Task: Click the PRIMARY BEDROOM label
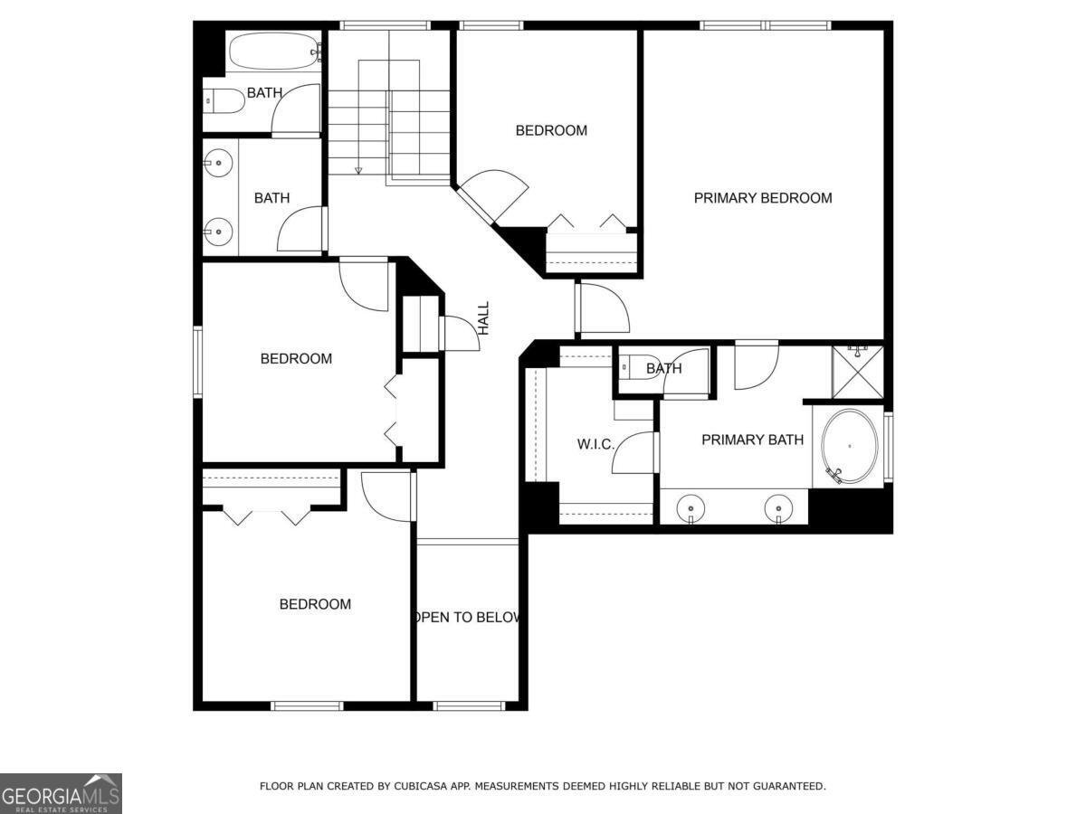point(762,198)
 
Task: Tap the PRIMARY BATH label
point(752,440)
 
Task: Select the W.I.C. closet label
point(595,445)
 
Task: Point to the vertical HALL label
point(483,318)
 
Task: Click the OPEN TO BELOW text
point(467,618)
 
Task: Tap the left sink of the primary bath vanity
point(691,506)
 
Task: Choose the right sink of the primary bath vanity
point(778,506)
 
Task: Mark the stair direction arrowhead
point(358,169)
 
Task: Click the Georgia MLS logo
point(61,793)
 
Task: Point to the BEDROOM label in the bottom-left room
point(314,604)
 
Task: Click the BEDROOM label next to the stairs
point(551,130)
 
